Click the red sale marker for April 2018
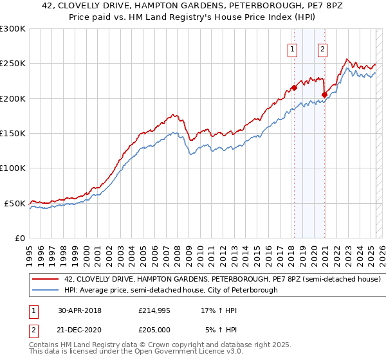point(294,87)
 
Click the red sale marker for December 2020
point(324,94)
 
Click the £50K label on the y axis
point(15,203)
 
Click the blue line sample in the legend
point(46,290)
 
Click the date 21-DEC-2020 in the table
point(80,329)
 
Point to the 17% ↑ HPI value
point(219,310)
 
